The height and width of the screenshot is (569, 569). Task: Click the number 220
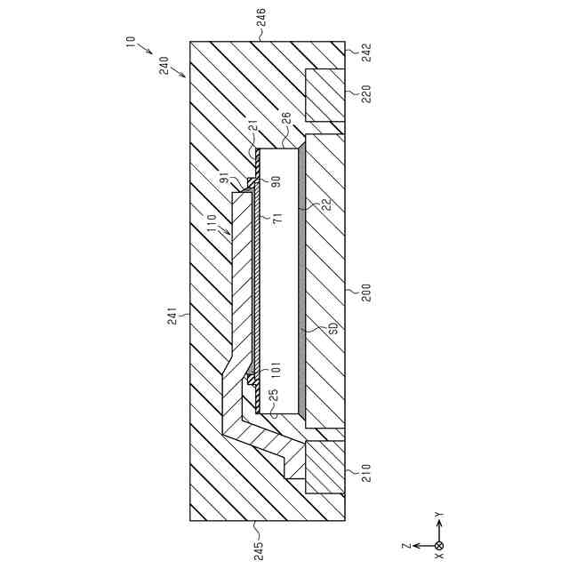pyautogui.click(x=364, y=93)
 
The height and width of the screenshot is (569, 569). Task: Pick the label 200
pyautogui.click(x=364, y=293)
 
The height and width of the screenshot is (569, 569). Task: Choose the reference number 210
pyautogui.click(x=364, y=471)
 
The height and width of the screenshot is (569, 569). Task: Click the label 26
pyautogui.click(x=286, y=116)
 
